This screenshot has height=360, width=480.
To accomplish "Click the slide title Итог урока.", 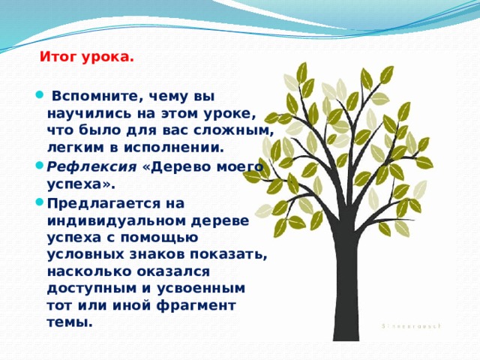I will click(86, 56).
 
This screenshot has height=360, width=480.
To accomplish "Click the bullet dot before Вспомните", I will click(39, 97).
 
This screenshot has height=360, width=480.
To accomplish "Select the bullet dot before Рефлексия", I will click(39, 166).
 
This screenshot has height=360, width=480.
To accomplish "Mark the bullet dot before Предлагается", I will click(39, 203).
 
